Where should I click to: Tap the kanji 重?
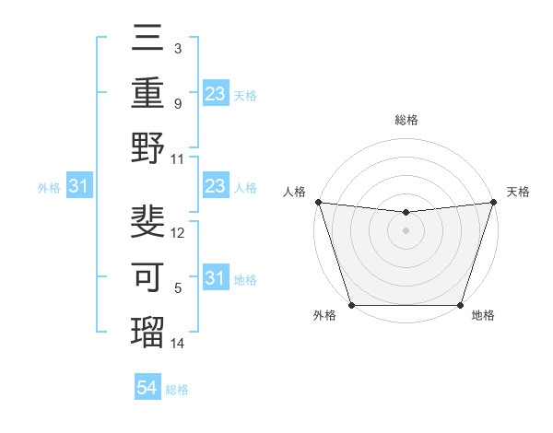pyautogui.click(x=148, y=95)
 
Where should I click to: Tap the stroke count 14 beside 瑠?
pyautogui.click(x=178, y=343)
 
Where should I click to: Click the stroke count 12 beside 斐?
pyautogui.click(x=178, y=232)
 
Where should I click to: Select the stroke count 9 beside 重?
pyautogui.click(x=177, y=104)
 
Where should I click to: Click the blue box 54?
pyautogui.click(x=147, y=388)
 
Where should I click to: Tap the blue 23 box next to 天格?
pyautogui.click(x=215, y=93)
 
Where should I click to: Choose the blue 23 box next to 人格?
pyautogui.click(x=215, y=186)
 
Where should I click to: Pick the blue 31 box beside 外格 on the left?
pyautogui.click(x=78, y=186)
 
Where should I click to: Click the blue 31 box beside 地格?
pyautogui.click(x=215, y=278)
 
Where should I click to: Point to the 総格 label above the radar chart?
pyautogui.click(x=406, y=120)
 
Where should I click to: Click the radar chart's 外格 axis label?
pyautogui.click(x=324, y=316)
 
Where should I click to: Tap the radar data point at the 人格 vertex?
pyautogui.click(x=318, y=202)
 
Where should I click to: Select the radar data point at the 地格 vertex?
pyautogui.click(x=459, y=304)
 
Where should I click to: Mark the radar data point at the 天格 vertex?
pyautogui.click(x=493, y=202)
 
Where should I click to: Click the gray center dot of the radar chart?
pyautogui.click(x=406, y=230)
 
